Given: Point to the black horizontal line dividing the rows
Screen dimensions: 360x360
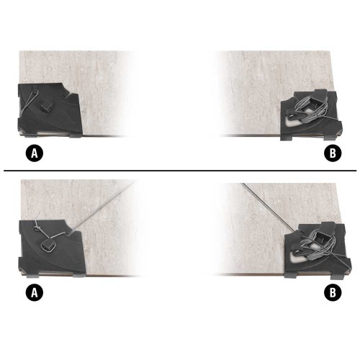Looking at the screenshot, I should (180, 171).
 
